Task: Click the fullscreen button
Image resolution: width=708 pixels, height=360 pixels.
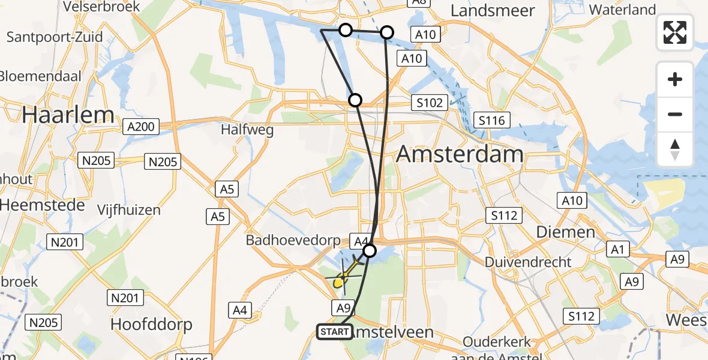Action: point(675,32)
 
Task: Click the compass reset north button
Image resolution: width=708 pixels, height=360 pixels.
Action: point(675,149)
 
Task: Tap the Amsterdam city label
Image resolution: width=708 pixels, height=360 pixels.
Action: point(460,155)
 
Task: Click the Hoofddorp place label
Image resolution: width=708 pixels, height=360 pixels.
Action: point(151,325)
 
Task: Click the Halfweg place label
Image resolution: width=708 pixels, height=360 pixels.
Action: point(247,129)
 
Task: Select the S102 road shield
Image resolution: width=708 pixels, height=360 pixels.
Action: point(430,103)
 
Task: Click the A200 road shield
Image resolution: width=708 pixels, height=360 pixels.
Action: point(142,127)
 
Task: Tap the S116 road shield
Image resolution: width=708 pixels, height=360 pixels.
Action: point(491,121)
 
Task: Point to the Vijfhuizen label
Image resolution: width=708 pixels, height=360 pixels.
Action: point(129,210)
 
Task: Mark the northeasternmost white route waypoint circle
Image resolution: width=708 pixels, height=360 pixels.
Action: point(387,32)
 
